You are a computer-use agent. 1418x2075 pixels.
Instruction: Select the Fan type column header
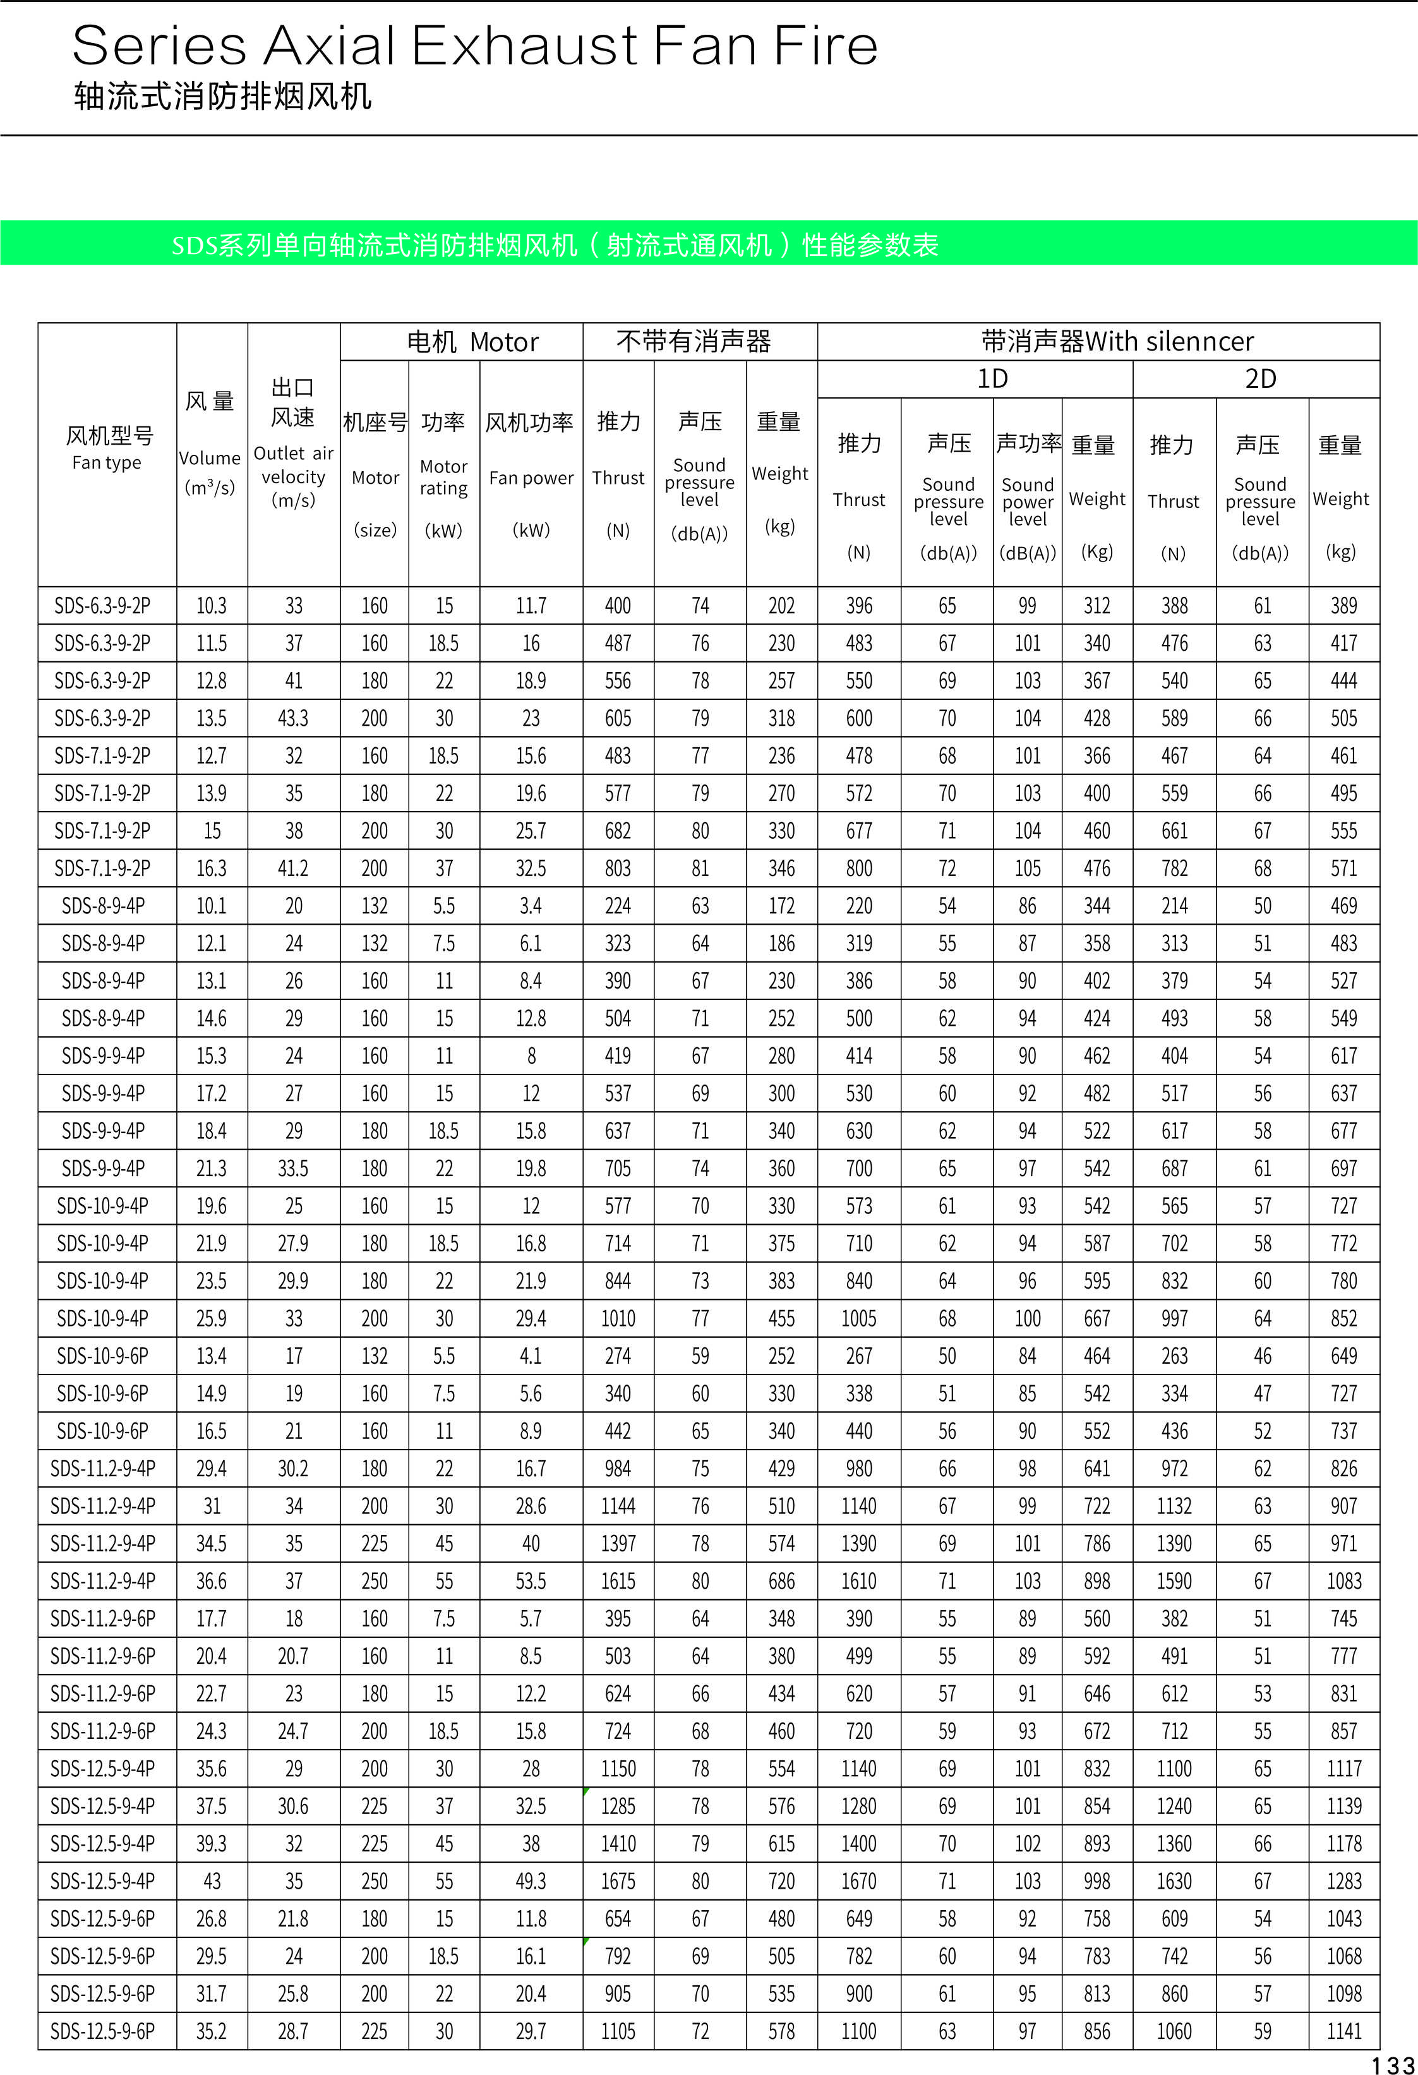pyautogui.click(x=107, y=462)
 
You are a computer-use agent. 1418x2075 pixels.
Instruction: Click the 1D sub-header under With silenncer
pyautogui.click(x=992, y=378)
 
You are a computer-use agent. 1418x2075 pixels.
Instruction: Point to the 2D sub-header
pyautogui.click(x=1260, y=378)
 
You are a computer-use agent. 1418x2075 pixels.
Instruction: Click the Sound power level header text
pyautogui.click(x=1027, y=501)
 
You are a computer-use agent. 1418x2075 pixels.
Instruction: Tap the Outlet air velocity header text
pyautogui.click(x=293, y=477)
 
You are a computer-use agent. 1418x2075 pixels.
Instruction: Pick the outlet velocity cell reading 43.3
pyautogui.click(x=293, y=718)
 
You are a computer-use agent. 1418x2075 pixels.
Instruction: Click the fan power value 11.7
pyautogui.click(x=531, y=605)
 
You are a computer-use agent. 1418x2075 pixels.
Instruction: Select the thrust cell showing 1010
pyautogui.click(x=618, y=1318)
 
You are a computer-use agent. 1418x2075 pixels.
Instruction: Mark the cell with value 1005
pyautogui.click(x=859, y=1318)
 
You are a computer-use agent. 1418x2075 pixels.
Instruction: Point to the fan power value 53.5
pyautogui.click(x=531, y=1581)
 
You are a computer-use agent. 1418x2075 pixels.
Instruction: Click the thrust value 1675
pyautogui.click(x=618, y=1881)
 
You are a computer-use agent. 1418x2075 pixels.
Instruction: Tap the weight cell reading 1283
pyautogui.click(x=1344, y=1881)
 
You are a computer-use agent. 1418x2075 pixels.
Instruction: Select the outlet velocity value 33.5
pyautogui.click(x=293, y=1168)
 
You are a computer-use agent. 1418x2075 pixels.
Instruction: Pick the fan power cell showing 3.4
pyautogui.click(x=531, y=905)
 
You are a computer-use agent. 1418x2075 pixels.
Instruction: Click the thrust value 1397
pyautogui.click(x=618, y=1544)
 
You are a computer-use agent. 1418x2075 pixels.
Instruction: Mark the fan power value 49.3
pyautogui.click(x=531, y=1881)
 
